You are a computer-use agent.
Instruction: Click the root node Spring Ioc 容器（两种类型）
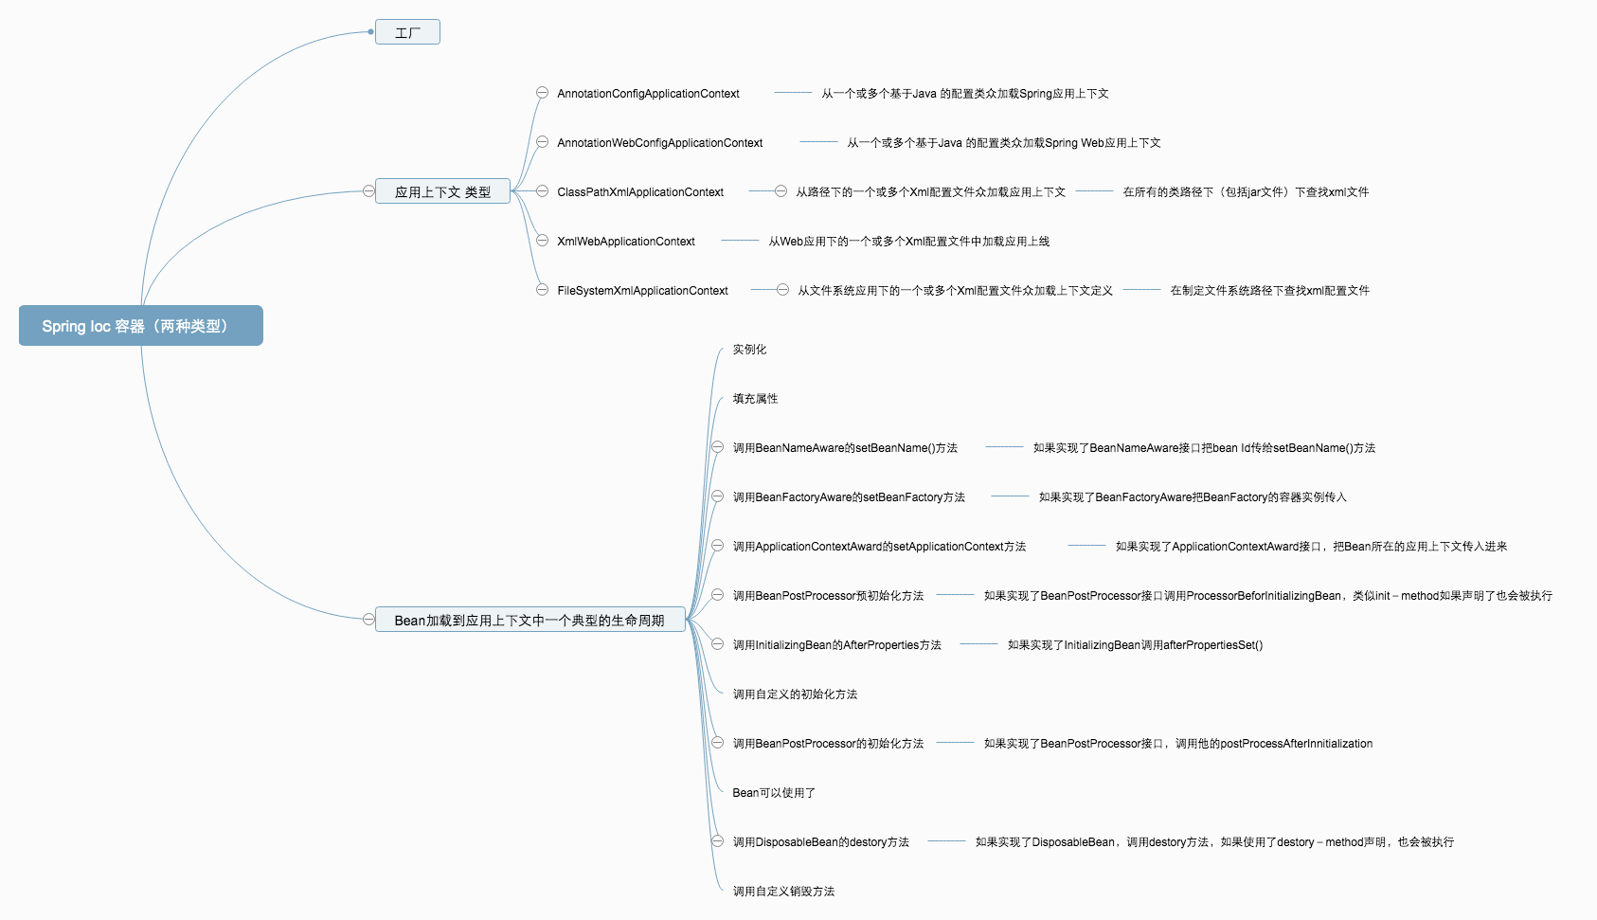coord(140,326)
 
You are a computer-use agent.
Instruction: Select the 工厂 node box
coord(407,32)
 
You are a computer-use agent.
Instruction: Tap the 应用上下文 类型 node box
coord(442,191)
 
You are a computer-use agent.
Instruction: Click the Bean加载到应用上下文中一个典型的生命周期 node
coord(529,620)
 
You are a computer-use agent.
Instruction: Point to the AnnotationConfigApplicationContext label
coord(648,94)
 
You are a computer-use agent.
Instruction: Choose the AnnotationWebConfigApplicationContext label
coord(659,143)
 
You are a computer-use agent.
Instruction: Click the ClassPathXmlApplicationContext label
coord(640,192)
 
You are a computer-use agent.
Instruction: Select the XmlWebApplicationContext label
coord(626,242)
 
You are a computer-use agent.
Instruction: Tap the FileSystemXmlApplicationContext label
coord(642,291)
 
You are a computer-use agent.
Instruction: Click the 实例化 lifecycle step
coord(749,350)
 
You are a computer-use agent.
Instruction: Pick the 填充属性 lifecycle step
coord(755,399)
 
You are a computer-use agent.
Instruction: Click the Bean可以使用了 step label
coord(774,793)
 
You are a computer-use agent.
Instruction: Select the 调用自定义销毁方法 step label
coord(783,892)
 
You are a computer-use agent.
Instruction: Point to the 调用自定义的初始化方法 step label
coord(795,695)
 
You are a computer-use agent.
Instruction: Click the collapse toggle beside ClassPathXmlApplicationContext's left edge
coord(542,191)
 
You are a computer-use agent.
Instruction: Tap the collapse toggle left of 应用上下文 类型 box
coord(368,191)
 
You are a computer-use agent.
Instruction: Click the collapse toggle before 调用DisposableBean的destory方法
coord(718,841)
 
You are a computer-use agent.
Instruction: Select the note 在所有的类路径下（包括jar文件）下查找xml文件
coord(1246,192)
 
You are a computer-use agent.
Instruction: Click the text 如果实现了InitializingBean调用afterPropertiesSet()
coord(1135,645)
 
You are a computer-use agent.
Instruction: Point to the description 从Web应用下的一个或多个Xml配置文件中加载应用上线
coord(908,242)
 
